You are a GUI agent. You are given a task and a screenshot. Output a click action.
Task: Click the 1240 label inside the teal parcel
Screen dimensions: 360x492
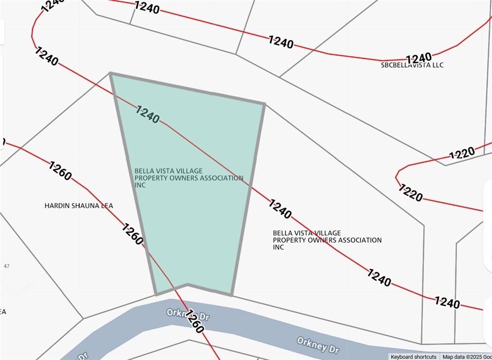pyautogui.click(x=148, y=114)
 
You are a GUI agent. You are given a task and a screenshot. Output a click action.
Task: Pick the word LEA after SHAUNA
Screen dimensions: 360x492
pyautogui.click(x=107, y=206)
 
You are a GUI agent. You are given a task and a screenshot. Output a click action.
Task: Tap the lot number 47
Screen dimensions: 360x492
pyautogui.click(x=6, y=266)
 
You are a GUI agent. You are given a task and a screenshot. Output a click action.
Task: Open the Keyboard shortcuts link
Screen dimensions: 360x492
pyautogui.click(x=413, y=357)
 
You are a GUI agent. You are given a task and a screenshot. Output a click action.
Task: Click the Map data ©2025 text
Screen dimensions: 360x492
pyautogui.click(x=464, y=357)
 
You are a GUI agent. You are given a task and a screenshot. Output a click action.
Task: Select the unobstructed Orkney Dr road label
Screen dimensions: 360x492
pyautogui.click(x=318, y=345)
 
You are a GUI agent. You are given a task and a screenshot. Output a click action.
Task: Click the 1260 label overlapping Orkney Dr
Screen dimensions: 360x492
pyautogui.click(x=195, y=322)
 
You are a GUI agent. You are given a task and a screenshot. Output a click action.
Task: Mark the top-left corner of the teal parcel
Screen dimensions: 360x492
pyautogui.click(x=110, y=73)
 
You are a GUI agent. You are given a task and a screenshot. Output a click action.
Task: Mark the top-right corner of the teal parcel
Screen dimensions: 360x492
pyautogui.click(x=264, y=103)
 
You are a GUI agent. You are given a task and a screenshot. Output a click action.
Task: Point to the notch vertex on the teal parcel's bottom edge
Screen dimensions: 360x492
pyautogui.click(x=188, y=284)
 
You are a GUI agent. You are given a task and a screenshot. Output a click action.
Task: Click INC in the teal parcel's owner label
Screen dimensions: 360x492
pyautogui.click(x=140, y=185)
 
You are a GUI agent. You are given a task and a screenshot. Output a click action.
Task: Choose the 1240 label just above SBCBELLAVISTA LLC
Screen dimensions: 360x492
pyautogui.click(x=419, y=58)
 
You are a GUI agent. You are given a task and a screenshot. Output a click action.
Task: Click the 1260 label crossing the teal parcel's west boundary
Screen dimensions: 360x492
pyautogui.click(x=132, y=234)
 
